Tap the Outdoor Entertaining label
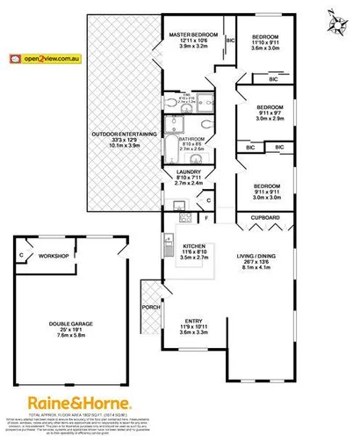[x=124, y=134]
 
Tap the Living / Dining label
[x=256, y=257]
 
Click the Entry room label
[x=192, y=322]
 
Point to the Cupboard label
[x=264, y=215]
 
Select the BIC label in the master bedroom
[x=230, y=40]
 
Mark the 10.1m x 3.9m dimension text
[x=124, y=148]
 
